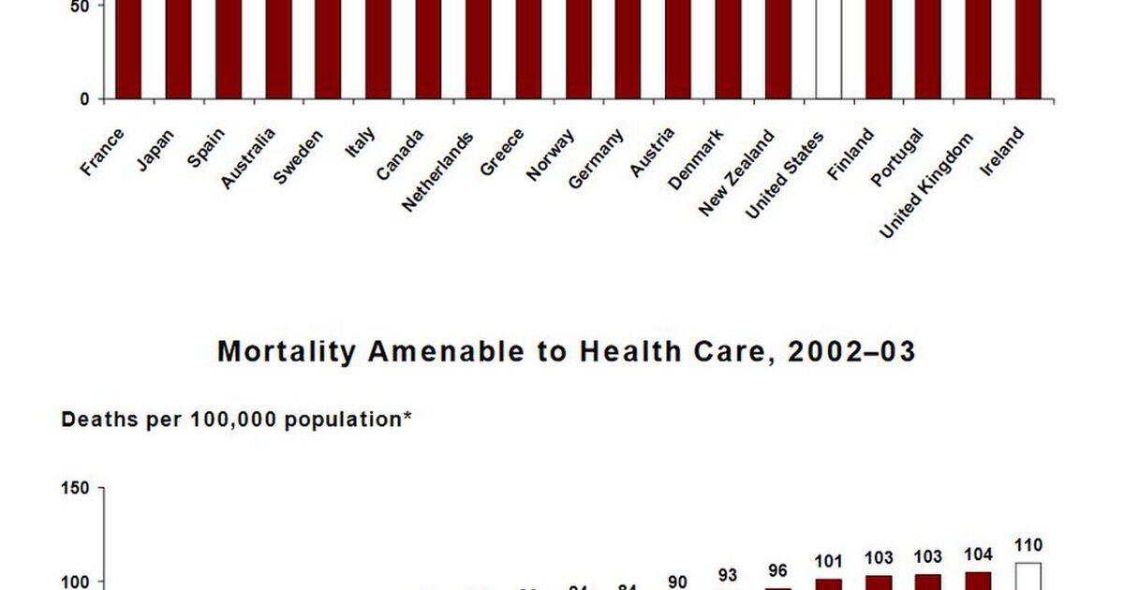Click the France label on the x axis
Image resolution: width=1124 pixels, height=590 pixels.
[102, 153]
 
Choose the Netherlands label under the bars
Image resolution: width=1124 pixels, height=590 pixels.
[437, 171]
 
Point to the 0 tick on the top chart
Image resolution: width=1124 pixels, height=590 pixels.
[84, 99]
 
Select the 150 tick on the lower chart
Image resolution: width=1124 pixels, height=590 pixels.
[75, 488]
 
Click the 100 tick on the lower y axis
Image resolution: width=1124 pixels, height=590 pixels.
[75, 582]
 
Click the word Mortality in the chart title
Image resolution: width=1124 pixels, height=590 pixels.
[287, 352]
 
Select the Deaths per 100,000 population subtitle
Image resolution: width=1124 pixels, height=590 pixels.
[237, 420]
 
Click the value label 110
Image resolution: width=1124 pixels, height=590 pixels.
[1028, 545]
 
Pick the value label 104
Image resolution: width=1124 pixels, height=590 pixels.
[977, 555]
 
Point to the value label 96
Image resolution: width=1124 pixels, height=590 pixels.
[777, 570]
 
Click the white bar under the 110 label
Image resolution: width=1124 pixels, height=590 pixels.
[1028, 576]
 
